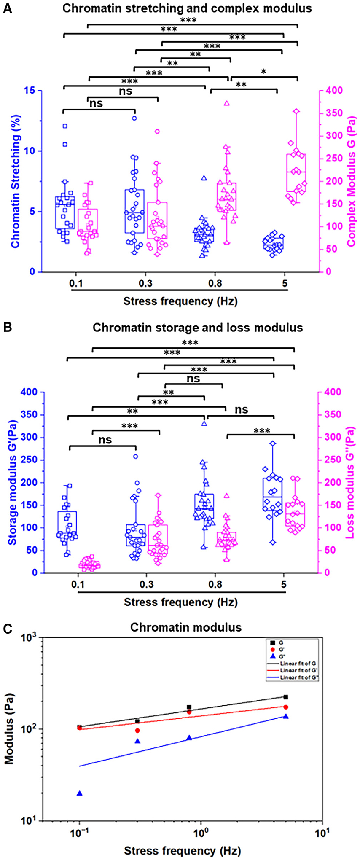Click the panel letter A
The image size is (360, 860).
7,8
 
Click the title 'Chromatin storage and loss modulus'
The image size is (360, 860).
198,328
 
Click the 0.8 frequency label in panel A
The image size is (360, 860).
215,283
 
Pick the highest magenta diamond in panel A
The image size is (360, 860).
296,111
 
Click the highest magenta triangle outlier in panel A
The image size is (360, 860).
227,103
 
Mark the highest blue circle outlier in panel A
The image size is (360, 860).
134,118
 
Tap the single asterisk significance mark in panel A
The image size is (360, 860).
263,72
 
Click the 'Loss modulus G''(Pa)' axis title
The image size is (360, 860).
349,482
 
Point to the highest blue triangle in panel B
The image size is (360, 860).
204,424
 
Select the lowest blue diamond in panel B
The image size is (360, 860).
273,542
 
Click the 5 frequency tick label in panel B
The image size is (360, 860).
284,585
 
